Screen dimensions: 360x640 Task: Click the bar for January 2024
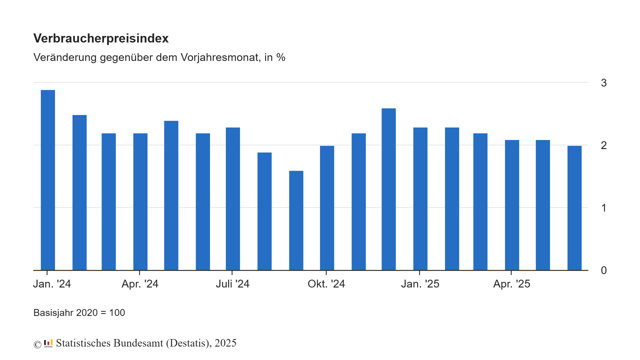pos(48,180)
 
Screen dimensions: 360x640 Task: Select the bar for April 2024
pos(140,202)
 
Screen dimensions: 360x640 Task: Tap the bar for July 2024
pos(233,199)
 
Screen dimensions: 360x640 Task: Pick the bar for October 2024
pos(327,208)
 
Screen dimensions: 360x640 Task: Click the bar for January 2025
pos(420,199)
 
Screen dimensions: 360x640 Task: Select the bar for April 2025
pos(512,205)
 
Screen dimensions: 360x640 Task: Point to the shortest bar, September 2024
pos(296,220)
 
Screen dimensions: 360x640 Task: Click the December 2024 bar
pos(388,189)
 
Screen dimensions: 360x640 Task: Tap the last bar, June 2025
pos(574,208)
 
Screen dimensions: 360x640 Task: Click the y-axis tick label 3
pos(604,83)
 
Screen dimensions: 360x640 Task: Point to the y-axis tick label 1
pos(604,208)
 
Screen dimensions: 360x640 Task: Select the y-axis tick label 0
pos(604,270)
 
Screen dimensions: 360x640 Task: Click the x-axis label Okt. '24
pos(326,284)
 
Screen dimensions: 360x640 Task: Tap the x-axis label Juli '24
pos(232,284)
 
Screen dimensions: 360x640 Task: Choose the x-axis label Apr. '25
pos(512,284)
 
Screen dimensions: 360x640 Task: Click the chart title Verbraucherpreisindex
pos(101,38)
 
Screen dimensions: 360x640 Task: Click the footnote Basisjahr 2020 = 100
pos(79,312)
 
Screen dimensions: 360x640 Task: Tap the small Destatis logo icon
pos(48,343)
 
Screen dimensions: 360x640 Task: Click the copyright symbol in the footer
pos(37,344)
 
